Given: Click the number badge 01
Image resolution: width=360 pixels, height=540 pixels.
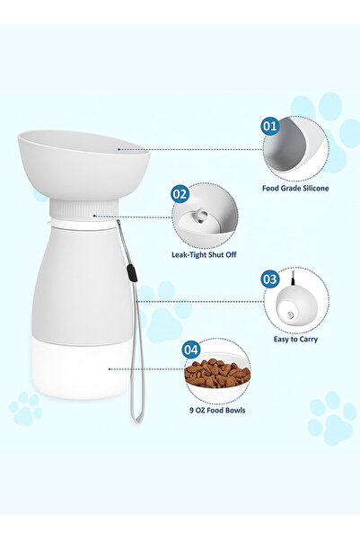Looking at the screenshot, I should point(270,127).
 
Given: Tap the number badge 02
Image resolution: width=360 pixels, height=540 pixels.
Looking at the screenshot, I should point(180,193).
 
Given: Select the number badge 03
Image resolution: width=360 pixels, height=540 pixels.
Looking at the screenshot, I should point(270,279).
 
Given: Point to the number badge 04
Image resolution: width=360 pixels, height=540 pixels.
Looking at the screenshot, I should point(191,349).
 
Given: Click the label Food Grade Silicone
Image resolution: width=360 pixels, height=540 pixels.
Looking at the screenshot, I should point(295,188).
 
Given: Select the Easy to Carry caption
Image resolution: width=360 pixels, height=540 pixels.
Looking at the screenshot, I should point(295,339).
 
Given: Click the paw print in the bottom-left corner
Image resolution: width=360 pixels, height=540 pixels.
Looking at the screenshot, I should point(25,409).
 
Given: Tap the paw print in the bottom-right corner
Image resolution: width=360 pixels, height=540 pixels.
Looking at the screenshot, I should point(329,417).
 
